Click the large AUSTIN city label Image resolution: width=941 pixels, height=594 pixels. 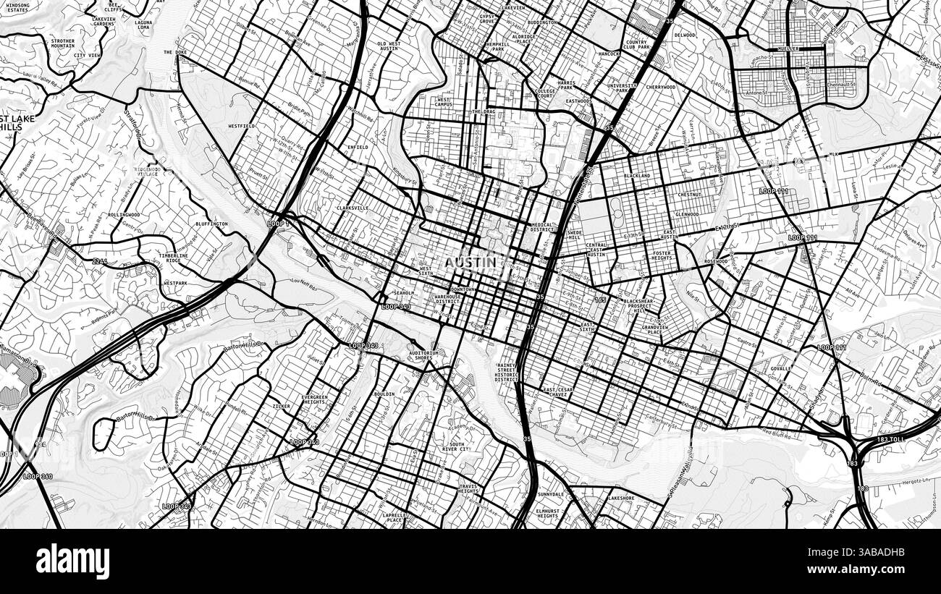[470, 262]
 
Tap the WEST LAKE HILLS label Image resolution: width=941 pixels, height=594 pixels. [12, 122]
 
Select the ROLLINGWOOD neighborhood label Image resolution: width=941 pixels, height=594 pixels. [124, 215]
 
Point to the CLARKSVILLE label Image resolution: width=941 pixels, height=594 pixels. [353, 208]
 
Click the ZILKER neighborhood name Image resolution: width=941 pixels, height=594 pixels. [281, 407]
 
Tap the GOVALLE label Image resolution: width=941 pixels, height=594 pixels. [780, 369]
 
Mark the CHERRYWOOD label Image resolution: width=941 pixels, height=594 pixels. [660, 87]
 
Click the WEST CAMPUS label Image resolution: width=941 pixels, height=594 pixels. [444, 102]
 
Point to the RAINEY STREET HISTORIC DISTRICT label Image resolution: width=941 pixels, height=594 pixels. [507, 373]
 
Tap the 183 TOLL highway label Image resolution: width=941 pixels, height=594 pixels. [897, 439]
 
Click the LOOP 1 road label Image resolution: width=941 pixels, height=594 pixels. [278, 224]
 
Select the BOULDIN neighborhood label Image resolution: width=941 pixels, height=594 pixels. [384, 394]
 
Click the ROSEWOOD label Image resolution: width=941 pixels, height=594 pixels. [715, 261]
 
